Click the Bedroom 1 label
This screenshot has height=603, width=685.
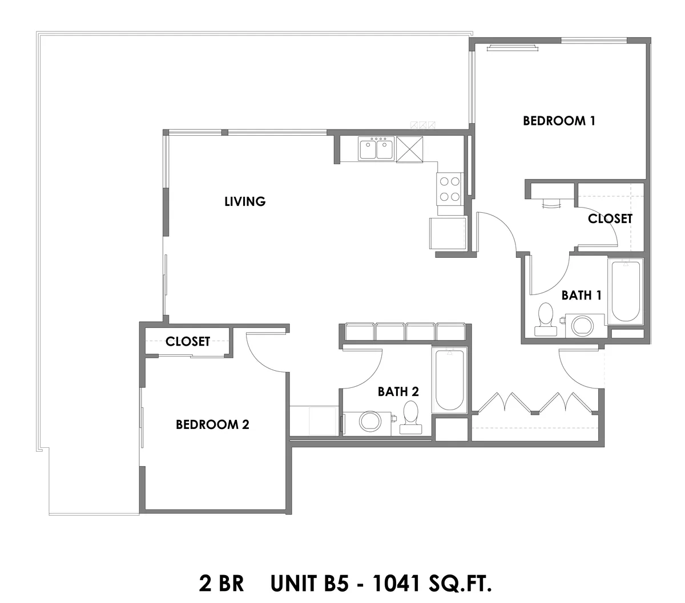tap(559, 121)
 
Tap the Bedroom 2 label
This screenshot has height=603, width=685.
tap(212, 424)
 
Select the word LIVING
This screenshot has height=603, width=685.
tap(245, 201)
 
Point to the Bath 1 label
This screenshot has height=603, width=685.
tap(581, 296)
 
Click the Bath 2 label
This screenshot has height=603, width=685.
tap(398, 392)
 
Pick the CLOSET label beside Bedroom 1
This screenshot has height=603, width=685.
tap(610, 218)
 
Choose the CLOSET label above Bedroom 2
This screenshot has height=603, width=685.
tap(188, 341)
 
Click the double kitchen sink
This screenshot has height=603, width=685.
tap(376, 148)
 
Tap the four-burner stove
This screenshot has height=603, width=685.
tap(449, 189)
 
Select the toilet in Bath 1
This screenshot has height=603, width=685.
tap(545, 319)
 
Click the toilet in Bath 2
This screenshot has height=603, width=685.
tap(411, 417)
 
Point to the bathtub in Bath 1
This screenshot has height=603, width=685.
tap(625, 292)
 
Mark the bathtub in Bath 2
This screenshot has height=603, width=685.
tap(449, 381)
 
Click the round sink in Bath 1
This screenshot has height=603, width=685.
tap(582, 326)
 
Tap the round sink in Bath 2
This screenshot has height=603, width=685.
tap(370, 422)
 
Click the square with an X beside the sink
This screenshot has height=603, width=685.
tap(409, 149)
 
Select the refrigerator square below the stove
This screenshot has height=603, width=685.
tap(448, 233)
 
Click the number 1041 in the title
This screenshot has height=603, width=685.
tap(396, 583)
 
